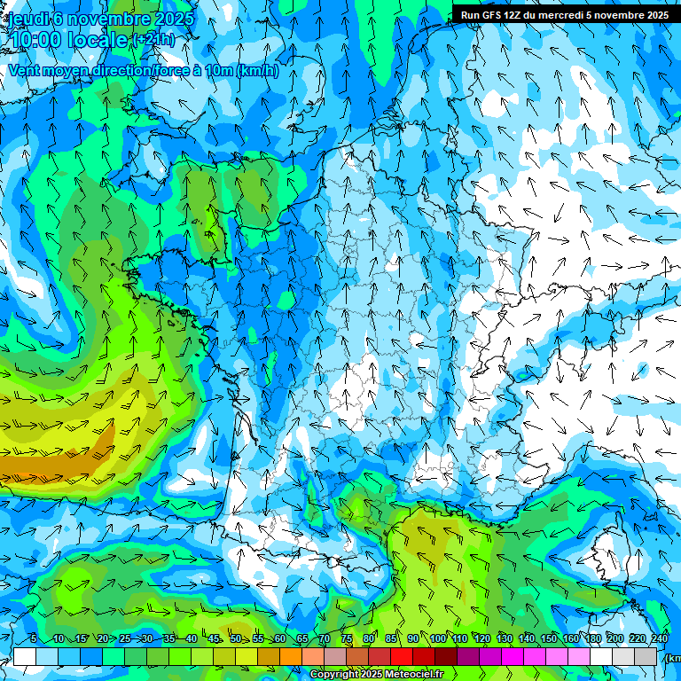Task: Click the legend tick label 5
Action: point(33,638)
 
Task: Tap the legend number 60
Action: point(279,638)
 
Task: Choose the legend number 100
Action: point(437,638)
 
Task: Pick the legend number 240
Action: point(660,638)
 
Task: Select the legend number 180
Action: point(592,638)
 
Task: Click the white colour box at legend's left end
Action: point(25,656)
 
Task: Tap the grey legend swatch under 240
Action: point(646,656)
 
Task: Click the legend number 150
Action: point(548,638)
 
